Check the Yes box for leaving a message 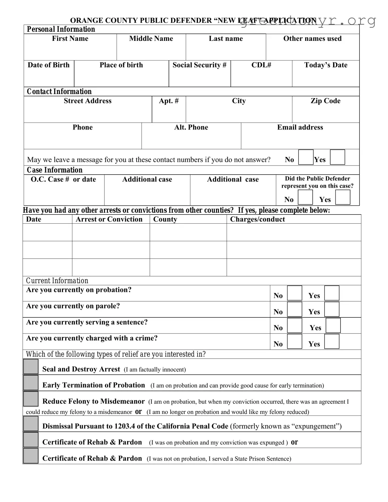(337, 157)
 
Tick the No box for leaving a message (306, 157)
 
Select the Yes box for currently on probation (332, 293)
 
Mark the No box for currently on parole (294, 309)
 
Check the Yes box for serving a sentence (333, 325)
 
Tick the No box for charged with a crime (294, 341)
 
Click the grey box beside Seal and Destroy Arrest (31, 366)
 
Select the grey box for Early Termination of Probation (31, 383)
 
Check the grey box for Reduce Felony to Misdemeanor (31, 399)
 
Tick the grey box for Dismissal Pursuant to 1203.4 (31, 424)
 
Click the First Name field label (70, 38)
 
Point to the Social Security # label (199, 65)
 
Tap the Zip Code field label (325, 101)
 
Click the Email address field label (300, 127)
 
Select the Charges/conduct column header (257, 219)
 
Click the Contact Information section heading (59, 91)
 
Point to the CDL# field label (261, 65)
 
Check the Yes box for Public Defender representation (343, 197)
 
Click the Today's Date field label (326, 65)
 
